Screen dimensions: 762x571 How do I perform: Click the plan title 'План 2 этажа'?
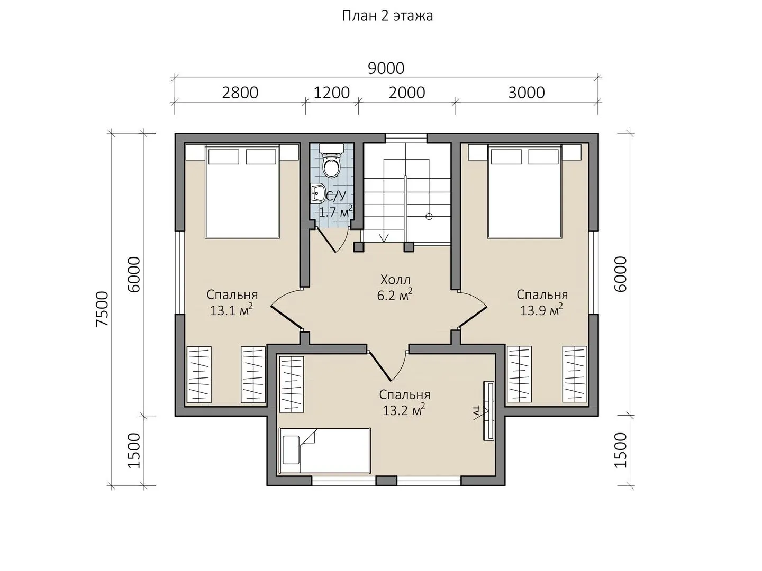coord(387,16)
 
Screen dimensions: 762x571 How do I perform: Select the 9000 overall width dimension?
coord(386,69)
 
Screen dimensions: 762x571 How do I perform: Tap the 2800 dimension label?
coord(240,93)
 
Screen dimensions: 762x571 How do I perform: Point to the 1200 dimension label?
coord(332,93)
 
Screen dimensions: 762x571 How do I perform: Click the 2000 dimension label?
coord(406,93)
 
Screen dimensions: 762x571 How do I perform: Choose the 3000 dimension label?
coord(527,93)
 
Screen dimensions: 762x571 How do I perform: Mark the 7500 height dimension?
coord(103,309)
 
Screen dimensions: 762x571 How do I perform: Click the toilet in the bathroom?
coord(332,162)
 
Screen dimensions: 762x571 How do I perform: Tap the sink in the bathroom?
coord(317,193)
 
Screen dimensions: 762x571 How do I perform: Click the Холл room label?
coord(395,279)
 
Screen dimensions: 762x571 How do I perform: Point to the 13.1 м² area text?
coord(231,310)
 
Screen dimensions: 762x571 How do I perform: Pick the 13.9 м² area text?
coord(541,310)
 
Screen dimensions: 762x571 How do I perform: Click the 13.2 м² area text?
coord(404,410)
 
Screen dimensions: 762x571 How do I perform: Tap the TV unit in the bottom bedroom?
coord(488,411)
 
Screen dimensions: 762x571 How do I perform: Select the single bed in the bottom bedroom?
coord(325,450)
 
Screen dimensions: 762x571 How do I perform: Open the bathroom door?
coord(332,239)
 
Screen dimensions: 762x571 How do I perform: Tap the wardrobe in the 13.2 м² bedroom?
coord(292,384)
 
